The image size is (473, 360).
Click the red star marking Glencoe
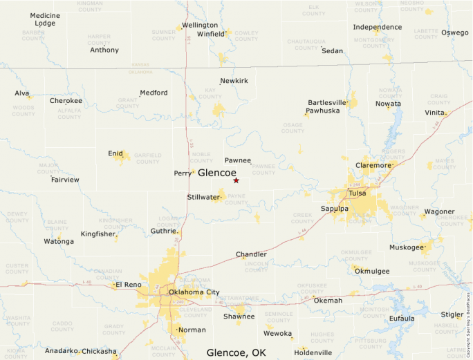[x=236, y=180]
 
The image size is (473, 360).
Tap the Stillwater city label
[x=203, y=197]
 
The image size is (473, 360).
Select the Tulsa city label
[x=358, y=193]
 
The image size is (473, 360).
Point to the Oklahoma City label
[x=194, y=292]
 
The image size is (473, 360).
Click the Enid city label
[x=115, y=153]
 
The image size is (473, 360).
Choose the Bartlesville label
[x=327, y=102]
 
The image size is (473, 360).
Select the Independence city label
[x=378, y=27]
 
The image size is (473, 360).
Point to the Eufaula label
[x=402, y=318]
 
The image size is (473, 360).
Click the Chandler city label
[x=251, y=254]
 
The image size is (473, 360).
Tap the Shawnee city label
[x=239, y=316]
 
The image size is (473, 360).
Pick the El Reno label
[x=128, y=285]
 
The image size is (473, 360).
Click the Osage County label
[x=293, y=128]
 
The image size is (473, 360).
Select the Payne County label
[x=236, y=200]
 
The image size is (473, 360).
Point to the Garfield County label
[x=147, y=159]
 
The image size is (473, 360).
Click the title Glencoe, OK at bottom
[x=236, y=353]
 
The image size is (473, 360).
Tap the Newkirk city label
[x=234, y=81]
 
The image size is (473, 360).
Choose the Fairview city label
[x=65, y=180]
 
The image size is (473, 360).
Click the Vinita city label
[x=434, y=112]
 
